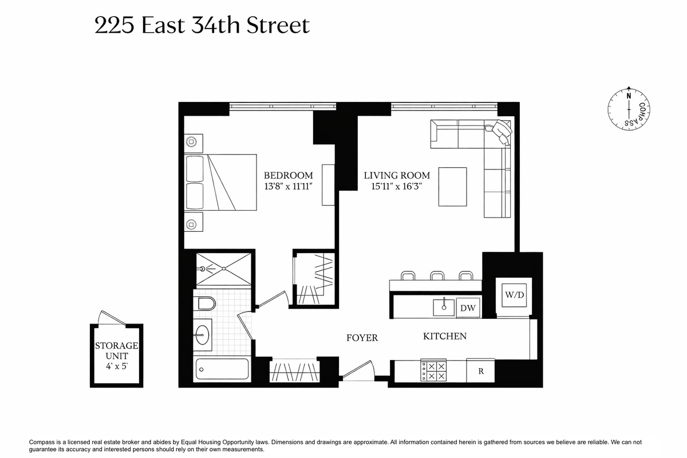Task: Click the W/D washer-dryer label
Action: click(x=514, y=295)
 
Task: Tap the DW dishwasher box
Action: click(x=468, y=307)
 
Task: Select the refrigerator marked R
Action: click(x=480, y=371)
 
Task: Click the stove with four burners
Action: click(x=433, y=370)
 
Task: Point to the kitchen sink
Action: click(x=444, y=307)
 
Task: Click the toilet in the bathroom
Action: click(x=204, y=303)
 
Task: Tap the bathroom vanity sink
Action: click(x=202, y=334)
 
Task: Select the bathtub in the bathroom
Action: click(x=222, y=369)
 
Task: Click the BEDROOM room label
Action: click(x=289, y=175)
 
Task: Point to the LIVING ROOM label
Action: click(x=397, y=175)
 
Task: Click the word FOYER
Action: click(x=362, y=338)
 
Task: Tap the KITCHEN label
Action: click(x=445, y=336)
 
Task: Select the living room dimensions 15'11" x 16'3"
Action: click(x=397, y=186)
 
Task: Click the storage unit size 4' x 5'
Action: click(x=117, y=366)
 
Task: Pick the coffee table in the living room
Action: click(x=453, y=187)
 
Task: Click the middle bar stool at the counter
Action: click(x=437, y=275)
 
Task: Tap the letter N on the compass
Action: click(x=629, y=96)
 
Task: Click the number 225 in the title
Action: click(x=114, y=25)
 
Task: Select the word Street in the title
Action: click(x=278, y=25)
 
